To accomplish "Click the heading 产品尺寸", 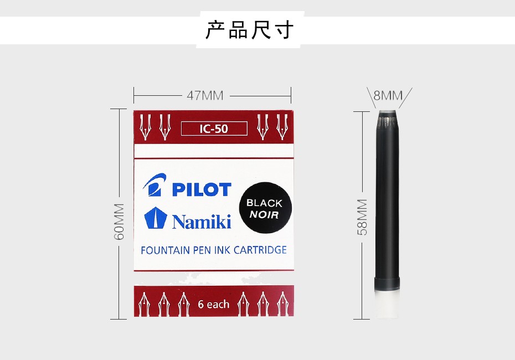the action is point(249,30).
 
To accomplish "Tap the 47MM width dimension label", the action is point(205,96).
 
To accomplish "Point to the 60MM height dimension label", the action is point(119,222).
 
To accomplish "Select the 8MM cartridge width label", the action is point(388,95).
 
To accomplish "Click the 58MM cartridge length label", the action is point(362,217).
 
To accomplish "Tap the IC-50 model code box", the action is point(214,128).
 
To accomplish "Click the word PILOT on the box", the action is point(202,189).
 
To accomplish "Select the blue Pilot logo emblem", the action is point(154,184).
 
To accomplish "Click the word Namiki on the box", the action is point(202,221).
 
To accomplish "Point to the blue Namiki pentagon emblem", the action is point(156,218).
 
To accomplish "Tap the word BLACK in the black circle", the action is point(264,203).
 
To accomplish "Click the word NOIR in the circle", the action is point(264,215).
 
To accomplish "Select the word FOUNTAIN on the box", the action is point(165,250).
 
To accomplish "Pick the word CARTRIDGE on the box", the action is point(260,250).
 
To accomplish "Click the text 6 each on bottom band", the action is point(214,305).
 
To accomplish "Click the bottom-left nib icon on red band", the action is point(144,304).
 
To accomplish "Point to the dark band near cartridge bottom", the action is point(387,284).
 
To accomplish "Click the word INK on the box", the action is point(223,250).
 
